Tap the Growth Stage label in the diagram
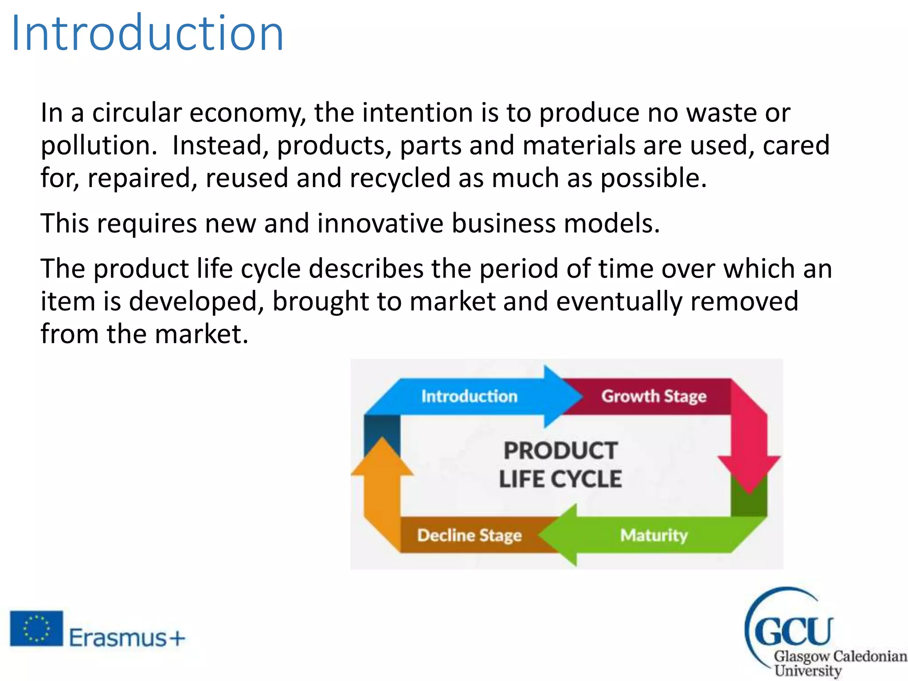[654, 396]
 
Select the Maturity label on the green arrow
[654, 535]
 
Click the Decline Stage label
[469, 535]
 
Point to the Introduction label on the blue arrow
[469, 396]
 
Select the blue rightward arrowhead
[562, 396]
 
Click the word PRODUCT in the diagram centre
[560, 451]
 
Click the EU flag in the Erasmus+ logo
[36, 628]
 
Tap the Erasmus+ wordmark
[127, 638]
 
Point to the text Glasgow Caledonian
[840, 656]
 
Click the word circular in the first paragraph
[137, 113]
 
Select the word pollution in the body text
[98, 145]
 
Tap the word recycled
[400, 178]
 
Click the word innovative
[380, 223]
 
